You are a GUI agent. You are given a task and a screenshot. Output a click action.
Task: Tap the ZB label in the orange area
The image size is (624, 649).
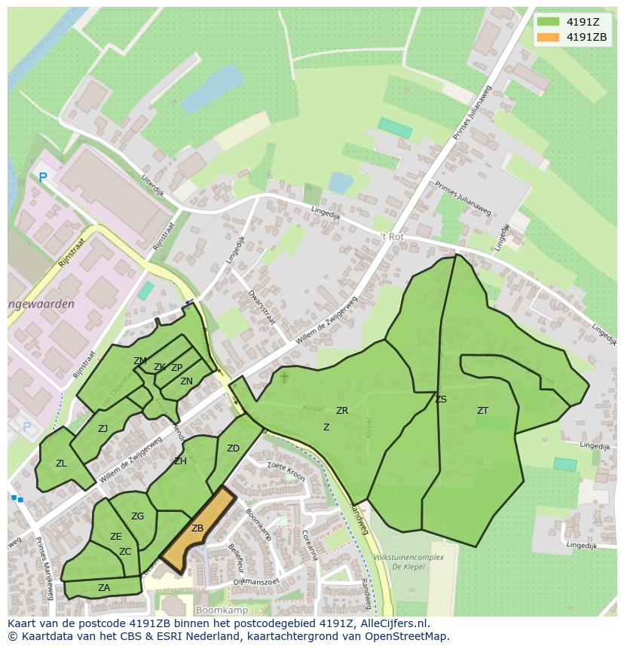coord(197,528)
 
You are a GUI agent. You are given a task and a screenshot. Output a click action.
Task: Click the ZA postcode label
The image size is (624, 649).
coord(104,588)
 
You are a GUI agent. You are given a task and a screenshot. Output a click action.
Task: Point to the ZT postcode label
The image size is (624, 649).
coord(482,411)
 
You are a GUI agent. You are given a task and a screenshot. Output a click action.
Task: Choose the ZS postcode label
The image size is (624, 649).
coord(441,400)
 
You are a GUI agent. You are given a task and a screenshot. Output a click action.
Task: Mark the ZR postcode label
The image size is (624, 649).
coord(342,411)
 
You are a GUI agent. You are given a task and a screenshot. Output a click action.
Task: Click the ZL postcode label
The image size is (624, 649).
coord(61,464)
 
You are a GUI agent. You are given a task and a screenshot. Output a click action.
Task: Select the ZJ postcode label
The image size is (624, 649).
coord(103,429)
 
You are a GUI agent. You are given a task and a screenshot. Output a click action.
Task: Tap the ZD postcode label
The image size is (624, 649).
coord(233,448)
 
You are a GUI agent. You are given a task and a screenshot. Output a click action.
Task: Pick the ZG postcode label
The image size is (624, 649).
coord(137,516)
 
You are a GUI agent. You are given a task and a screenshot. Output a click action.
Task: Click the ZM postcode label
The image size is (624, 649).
coord(140,361)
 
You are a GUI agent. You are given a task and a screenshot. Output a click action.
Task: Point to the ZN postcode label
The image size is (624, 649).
coord(186,381)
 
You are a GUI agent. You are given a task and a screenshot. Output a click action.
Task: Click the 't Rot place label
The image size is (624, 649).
coord(392,237)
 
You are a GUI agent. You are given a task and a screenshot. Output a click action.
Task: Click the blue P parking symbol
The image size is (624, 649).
coord(43,178)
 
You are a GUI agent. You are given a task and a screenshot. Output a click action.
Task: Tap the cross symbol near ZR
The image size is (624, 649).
coord(284,377)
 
